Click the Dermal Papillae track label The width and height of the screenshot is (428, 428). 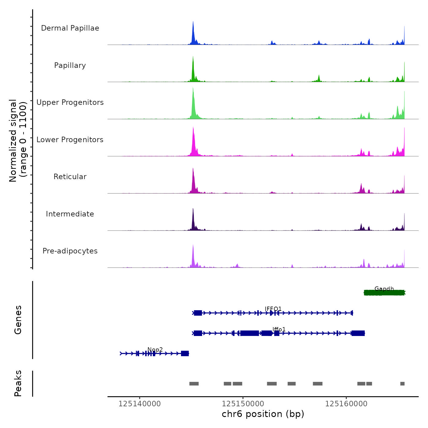[70, 28]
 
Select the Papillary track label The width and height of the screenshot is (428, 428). [70, 65]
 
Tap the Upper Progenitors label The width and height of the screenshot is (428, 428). [70, 102]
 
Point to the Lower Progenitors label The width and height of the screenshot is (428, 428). [70, 140]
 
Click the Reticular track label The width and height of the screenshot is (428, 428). [70, 177]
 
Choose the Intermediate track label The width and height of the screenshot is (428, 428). [70, 214]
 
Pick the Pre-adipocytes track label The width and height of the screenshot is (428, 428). [70, 251]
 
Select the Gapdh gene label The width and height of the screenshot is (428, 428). [384, 289]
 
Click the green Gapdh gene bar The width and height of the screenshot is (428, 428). [384, 293]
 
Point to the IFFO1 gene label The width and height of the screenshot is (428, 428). [273, 309]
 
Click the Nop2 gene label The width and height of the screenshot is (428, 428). [155, 349]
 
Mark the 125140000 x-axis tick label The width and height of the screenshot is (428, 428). [139, 404]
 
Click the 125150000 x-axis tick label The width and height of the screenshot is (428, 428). [243, 404]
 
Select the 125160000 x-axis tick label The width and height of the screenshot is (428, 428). [346, 404]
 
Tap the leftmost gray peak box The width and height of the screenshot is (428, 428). [194, 384]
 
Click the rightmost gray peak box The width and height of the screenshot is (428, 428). [402, 384]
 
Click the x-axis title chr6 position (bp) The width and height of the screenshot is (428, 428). [263, 414]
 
